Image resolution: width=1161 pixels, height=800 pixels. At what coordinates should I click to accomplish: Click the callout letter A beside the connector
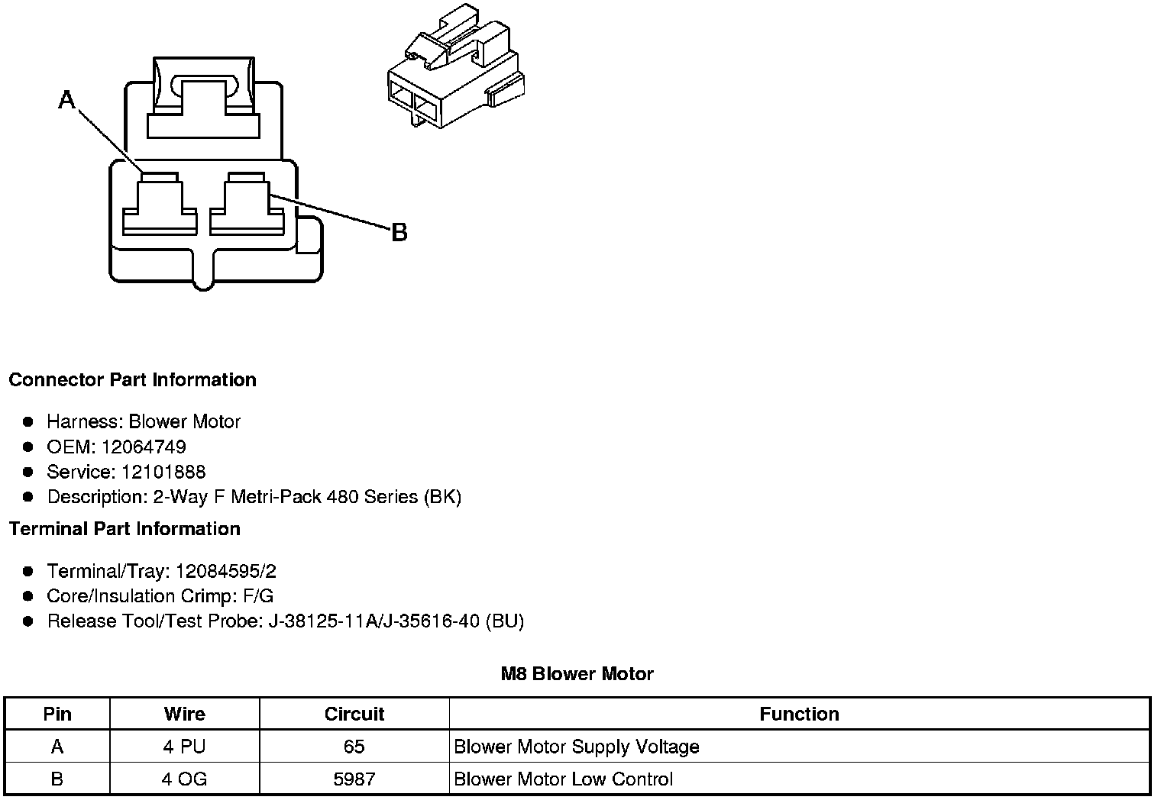pyautogui.click(x=67, y=99)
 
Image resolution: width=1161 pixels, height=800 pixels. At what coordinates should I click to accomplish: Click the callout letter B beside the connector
pyautogui.click(x=399, y=232)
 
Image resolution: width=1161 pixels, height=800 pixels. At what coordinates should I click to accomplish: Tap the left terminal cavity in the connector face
pyautogui.click(x=160, y=204)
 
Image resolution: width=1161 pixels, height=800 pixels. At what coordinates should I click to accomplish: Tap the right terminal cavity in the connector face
pyautogui.click(x=246, y=204)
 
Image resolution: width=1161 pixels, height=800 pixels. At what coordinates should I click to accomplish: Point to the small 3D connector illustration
pyautogui.click(x=454, y=69)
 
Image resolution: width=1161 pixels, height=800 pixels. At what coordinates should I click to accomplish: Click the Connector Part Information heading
pyautogui.click(x=132, y=380)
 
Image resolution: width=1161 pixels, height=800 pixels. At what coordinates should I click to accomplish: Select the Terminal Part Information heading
pyautogui.click(x=125, y=529)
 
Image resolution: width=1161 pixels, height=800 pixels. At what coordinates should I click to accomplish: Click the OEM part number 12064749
pyautogui.click(x=144, y=447)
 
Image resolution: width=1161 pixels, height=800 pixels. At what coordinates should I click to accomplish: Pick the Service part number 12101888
pyautogui.click(x=163, y=472)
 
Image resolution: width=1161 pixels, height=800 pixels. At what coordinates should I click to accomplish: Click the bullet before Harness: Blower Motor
pyautogui.click(x=28, y=421)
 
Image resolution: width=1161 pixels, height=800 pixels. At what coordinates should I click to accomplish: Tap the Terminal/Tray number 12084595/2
pyautogui.click(x=225, y=571)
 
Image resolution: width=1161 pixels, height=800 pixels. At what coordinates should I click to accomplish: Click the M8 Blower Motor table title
pyautogui.click(x=577, y=674)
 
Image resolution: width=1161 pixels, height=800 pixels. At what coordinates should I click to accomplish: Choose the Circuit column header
pyautogui.click(x=354, y=715)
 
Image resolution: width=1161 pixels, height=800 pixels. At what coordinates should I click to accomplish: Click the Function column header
pyautogui.click(x=799, y=715)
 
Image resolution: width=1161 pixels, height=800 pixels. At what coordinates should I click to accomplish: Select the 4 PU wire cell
pyautogui.click(x=184, y=747)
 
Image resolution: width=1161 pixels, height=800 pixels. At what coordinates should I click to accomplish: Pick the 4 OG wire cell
pyautogui.click(x=184, y=779)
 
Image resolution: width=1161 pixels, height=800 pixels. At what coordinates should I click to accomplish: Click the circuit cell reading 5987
pyautogui.click(x=354, y=779)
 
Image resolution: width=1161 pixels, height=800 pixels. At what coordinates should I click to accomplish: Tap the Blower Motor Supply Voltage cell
pyautogui.click(x=577, y=747)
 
